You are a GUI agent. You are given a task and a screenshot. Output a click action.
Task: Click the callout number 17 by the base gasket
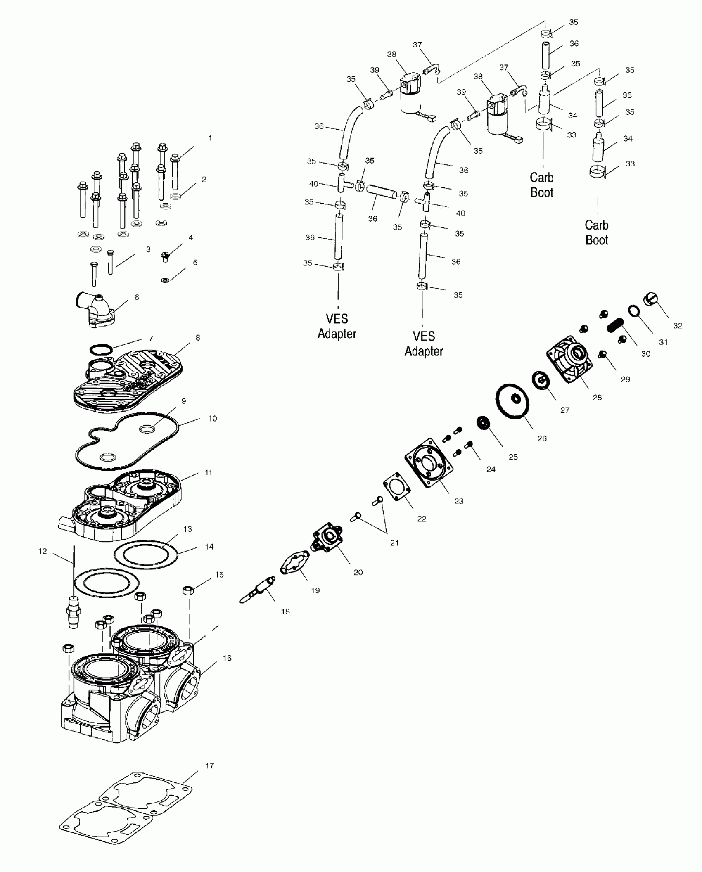[x=209, y=766]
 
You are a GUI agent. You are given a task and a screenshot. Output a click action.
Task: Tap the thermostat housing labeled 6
[x=95, y=310]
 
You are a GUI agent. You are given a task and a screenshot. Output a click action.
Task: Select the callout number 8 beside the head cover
[x=198, y=338]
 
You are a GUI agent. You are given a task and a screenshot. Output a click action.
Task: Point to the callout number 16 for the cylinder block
[x=227, y=658]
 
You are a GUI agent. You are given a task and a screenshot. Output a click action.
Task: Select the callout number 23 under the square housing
[x=459, y=502]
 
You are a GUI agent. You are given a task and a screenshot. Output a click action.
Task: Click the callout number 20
[x=358, y=572]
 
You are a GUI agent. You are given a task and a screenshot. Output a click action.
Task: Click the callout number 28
[x=597, y=398]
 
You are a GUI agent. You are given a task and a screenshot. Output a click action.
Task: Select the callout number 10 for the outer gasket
[x=212, y=418]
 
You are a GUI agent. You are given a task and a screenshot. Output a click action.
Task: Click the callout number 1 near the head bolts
[x=210, y=138]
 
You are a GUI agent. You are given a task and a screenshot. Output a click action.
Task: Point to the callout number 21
[x=394, y=543]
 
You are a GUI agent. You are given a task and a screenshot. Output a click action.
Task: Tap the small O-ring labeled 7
[x=101, y=350]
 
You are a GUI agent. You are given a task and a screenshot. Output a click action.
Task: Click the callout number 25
[x=513, y=457]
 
